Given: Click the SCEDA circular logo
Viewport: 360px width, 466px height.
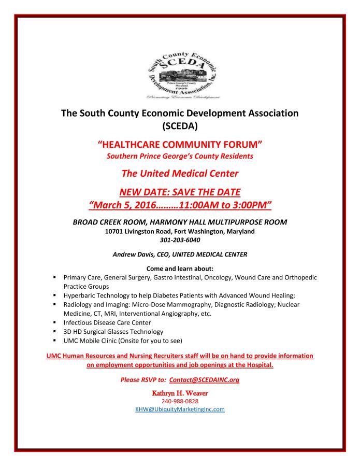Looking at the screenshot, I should point(179,73).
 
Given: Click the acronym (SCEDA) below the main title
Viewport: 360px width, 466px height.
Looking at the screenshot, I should point(180,125).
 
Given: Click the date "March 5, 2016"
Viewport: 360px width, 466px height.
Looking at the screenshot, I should point(122,205).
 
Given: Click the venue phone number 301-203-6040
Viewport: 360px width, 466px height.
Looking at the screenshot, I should point(180,240).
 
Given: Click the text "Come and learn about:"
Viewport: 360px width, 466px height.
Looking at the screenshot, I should point(180,269).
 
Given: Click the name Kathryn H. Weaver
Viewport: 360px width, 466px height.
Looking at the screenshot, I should point(180,392).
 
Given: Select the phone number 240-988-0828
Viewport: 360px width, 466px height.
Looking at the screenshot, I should point(180,401).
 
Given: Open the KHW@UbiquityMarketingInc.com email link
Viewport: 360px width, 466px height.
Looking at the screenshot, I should point(180,409).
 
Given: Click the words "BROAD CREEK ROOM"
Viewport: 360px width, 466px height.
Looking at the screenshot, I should point(106,222).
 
